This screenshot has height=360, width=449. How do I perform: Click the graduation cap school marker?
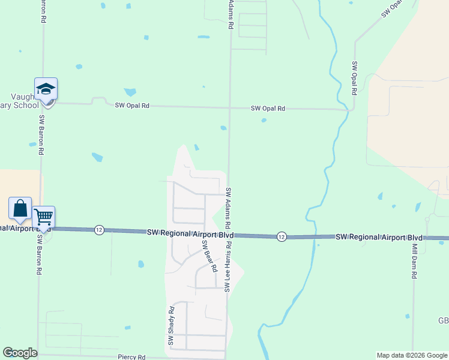[46, 90]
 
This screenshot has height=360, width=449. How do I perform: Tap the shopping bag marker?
[20, 208]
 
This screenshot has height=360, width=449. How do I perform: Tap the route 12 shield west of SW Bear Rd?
[100, 230]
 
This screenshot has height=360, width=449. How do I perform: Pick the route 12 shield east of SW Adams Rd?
[282, 237]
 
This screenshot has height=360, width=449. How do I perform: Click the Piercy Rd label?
[131, 356]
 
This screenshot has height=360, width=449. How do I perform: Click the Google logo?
[20, 353]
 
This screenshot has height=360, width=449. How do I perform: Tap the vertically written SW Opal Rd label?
[355, 79]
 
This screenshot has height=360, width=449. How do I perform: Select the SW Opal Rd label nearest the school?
[132, 106]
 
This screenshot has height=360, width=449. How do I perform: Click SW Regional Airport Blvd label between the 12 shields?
[190, 233]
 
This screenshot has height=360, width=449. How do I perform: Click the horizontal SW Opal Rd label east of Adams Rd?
[268, 109]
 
